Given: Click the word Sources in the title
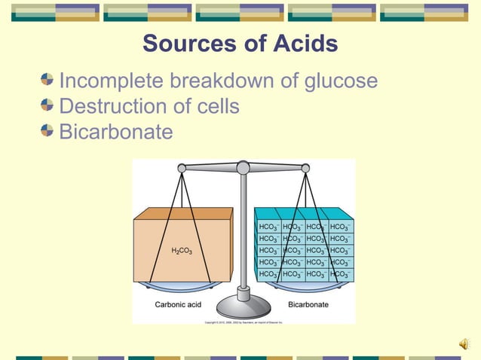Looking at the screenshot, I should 186,44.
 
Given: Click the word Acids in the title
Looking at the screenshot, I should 301,44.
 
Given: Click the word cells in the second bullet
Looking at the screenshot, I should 216,106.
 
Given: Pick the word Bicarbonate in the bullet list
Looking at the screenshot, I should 116,132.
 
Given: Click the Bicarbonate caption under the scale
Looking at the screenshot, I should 308,305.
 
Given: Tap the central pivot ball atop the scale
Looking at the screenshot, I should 243,167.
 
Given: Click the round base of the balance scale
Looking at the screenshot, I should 244,305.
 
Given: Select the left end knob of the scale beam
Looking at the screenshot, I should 182,169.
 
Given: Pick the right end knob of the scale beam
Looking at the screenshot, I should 305,169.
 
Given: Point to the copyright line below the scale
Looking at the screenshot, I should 244,322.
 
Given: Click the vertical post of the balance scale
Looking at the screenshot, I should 243,233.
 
